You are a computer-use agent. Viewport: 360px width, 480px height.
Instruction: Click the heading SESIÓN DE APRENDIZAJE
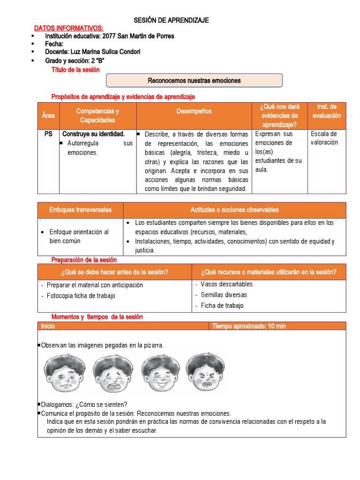171,20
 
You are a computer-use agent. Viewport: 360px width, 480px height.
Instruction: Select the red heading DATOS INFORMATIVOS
69,29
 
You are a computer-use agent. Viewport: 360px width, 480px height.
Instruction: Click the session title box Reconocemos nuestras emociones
194,81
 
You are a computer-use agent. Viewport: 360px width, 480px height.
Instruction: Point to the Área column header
48,116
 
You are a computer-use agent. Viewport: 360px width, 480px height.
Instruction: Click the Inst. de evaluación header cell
327,111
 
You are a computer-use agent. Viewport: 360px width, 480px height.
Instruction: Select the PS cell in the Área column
48,134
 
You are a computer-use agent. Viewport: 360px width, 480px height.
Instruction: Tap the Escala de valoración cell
324,138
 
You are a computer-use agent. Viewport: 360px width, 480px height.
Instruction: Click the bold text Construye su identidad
93,134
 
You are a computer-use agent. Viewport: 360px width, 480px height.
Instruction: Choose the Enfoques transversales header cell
81,210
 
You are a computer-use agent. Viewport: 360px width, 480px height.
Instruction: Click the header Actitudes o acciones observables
234,210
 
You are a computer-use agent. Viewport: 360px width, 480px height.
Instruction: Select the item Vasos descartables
226,284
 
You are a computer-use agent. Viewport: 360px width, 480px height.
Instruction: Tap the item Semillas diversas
224,295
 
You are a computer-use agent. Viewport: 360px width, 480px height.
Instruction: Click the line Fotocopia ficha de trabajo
81,296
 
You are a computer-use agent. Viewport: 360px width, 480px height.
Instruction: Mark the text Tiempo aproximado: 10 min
249,326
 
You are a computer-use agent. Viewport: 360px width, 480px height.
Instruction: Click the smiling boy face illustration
161,374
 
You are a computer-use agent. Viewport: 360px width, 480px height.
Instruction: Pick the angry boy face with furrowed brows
205,373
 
